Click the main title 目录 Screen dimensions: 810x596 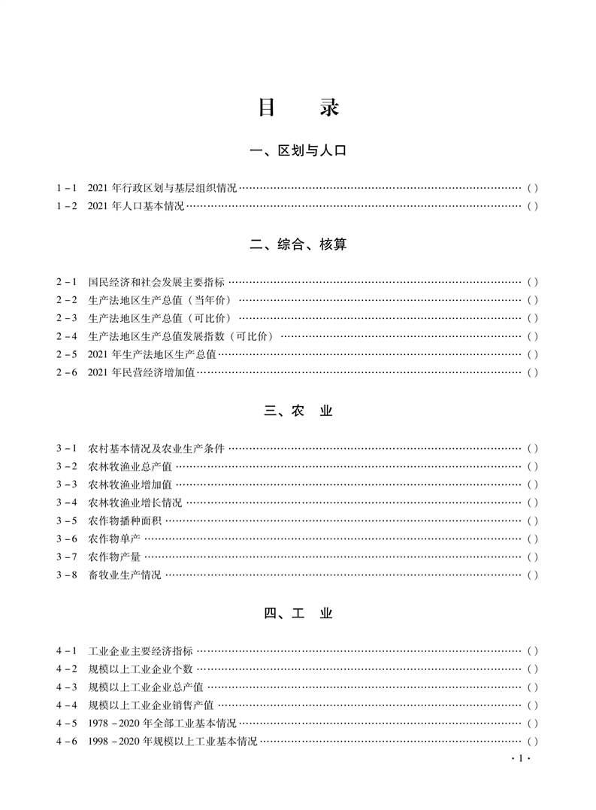(x=298, y=107)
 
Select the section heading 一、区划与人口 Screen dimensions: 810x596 (x=298, y=151)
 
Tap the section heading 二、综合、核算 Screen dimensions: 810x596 (x=298, y=244)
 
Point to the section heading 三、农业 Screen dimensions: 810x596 (x=298, y=411)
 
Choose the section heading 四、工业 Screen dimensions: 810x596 (x=298, y=614)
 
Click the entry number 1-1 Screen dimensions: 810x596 (x=66, y=188)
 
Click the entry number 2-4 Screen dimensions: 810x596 (x=66, y=336)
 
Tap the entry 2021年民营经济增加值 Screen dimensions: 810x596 (x=141, y=372)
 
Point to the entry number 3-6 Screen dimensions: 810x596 (x=66, y=538)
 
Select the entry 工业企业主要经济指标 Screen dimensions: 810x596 (x=141, y=651)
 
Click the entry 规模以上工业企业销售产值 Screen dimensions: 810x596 (x=151, y=705)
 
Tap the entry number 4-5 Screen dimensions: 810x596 (x=66, y=724)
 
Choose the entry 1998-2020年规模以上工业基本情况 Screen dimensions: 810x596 (x=172, y=742)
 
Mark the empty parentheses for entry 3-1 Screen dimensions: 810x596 (x=532, y=448)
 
